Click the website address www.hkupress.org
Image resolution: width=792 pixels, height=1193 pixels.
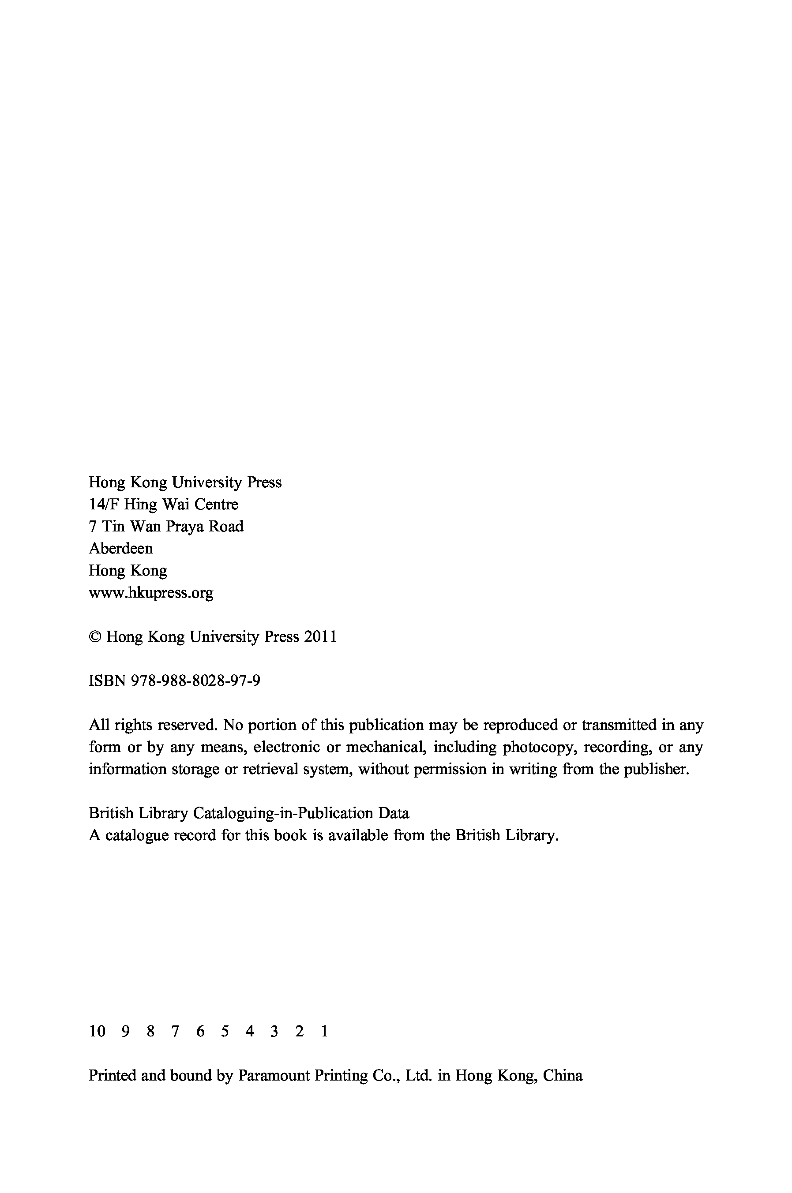[x=151, y=593]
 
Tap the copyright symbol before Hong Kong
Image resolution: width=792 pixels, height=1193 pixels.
[x=95, y=637]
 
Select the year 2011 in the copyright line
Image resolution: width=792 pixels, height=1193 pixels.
[x=320, y=637]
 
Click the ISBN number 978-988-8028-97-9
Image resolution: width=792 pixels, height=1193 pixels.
[x=195, y=681]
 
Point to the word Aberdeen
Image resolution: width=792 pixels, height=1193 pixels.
[x=121, y=548]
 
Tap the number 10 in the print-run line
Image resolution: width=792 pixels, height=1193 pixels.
[x=97, y=1031]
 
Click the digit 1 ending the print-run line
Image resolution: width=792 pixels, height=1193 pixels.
[x=324, y=1031]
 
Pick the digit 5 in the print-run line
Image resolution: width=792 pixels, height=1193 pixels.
[x=225, y=1031]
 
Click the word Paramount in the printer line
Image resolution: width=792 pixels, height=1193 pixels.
[x=274, y=1075]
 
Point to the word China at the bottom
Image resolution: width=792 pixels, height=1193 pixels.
[x=562, y=1075]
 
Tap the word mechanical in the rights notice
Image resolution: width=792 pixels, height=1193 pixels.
[x=385, y=747]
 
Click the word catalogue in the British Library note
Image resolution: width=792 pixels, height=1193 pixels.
[x=136, y=836]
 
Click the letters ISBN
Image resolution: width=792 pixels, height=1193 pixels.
[x=107, y=681]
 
